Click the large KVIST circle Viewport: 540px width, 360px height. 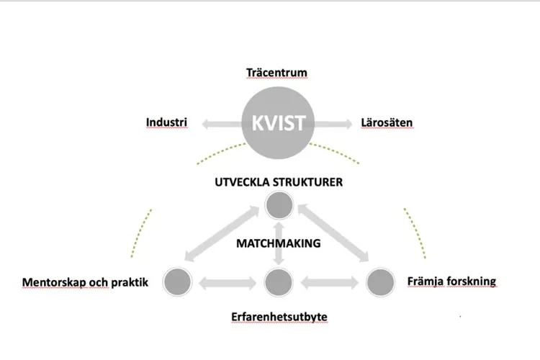(278, 123)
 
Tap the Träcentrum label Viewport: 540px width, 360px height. (276, 73)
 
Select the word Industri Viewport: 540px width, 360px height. (166, 122)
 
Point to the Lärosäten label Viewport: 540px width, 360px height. (387, 122)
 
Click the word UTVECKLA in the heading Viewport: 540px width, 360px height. (243, 181)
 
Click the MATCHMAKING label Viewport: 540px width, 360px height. (278, 243)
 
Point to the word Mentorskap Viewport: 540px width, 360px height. (54, 282)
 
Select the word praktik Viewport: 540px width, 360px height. (129, 282)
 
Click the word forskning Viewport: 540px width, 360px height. (471, 281)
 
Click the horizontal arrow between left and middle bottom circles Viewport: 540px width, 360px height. (228, 282)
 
